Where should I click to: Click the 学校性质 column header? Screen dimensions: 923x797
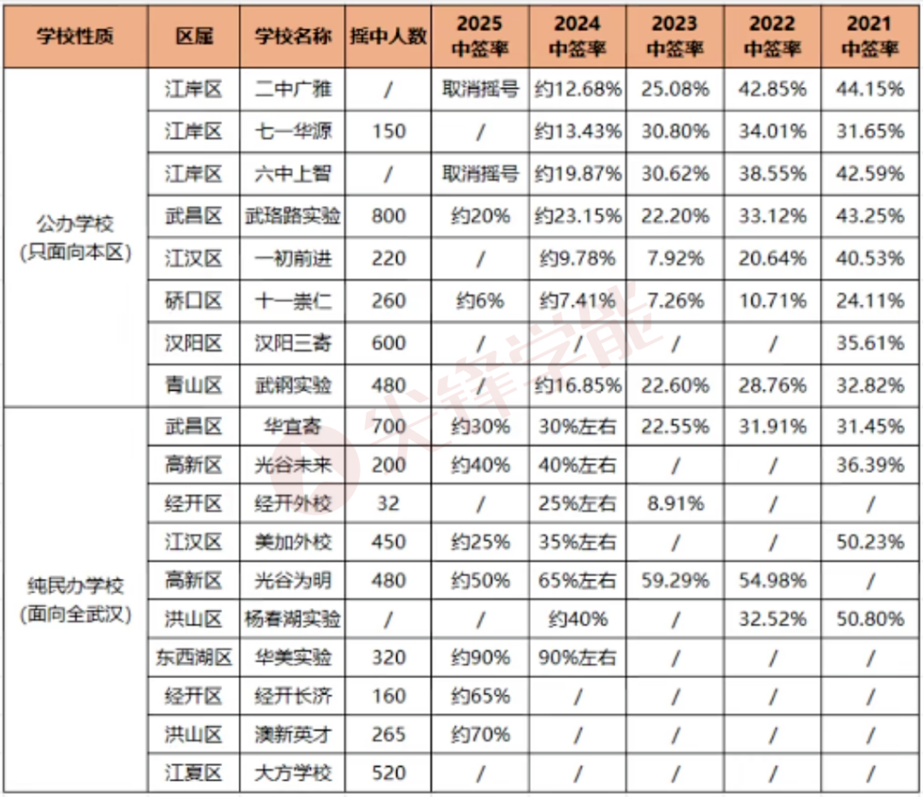tap(75, 37)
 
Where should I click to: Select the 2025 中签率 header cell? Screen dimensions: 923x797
tap(479, 36)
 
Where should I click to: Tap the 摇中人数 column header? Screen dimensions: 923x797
tap(388, 37)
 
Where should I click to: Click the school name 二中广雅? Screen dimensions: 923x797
tap(292, 89)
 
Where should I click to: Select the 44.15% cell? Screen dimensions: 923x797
tap(870, 89)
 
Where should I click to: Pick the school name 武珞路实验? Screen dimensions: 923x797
tap(292, 216)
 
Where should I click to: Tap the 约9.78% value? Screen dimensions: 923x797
tap(577, 258)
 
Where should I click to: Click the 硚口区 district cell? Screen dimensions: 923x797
tap(194, 301)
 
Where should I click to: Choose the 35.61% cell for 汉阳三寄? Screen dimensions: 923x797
tap(870, 343)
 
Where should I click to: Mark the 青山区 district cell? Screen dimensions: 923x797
tap(194, 386)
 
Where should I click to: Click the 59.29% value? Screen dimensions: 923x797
tap(674, 581)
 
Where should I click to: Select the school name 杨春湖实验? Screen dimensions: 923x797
tap(292, 619)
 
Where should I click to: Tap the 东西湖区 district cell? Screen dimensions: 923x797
tap(194, 658)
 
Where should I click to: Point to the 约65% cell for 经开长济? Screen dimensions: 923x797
tap(479, 696)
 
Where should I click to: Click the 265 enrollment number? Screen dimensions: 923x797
tap(388, 735)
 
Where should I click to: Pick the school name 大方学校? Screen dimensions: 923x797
tap(292, 773)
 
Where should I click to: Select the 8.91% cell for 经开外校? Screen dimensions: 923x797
tap(674, 504)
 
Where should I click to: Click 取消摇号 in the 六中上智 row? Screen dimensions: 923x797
tap(479, 174)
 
